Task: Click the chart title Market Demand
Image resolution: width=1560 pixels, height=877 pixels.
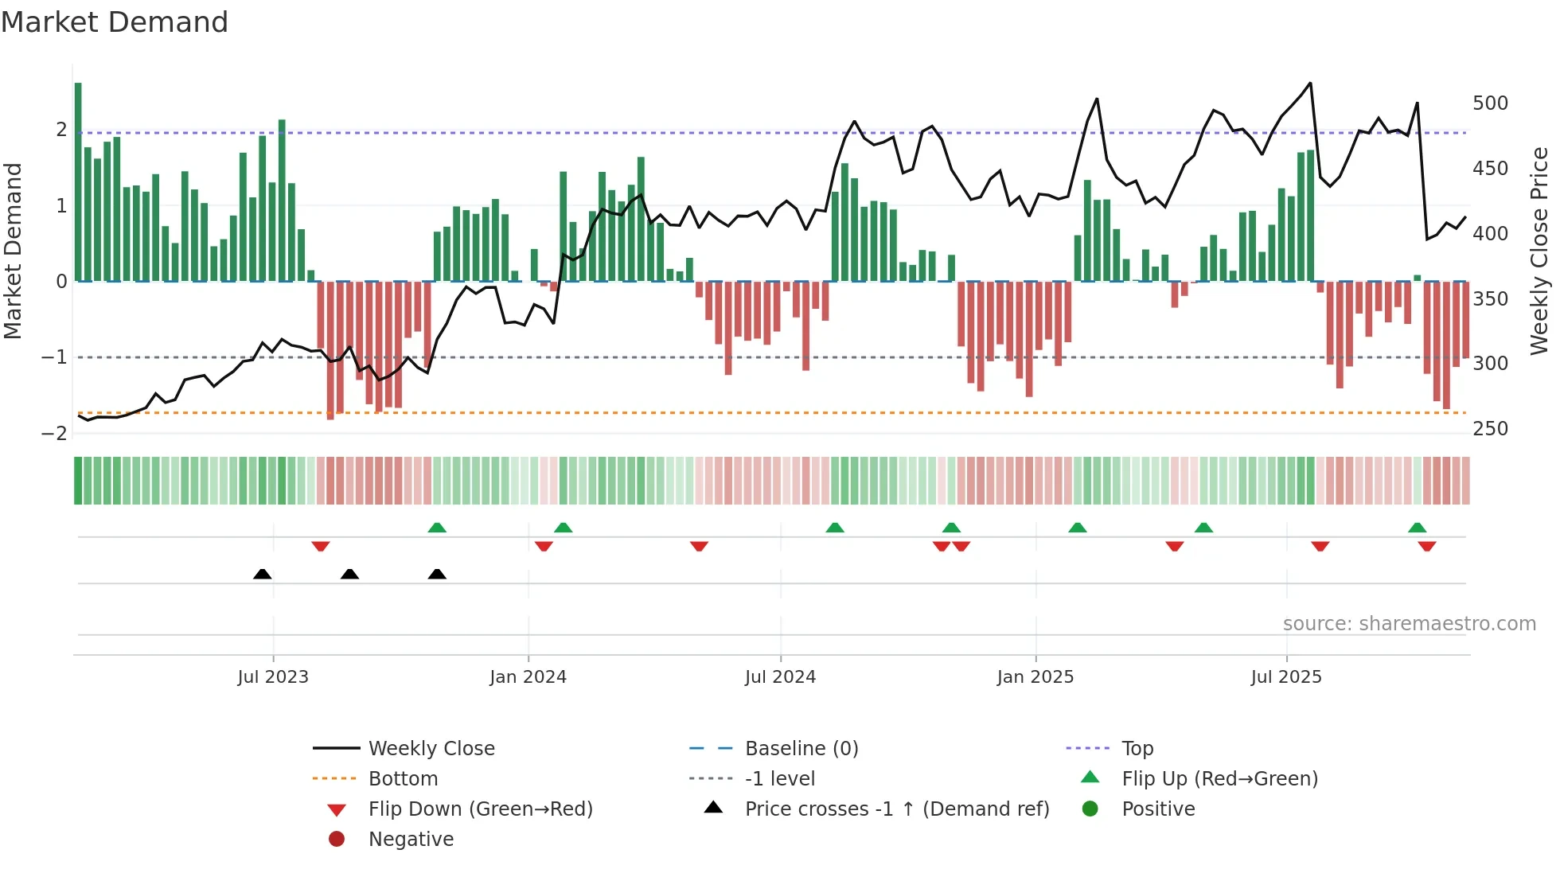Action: [x=115, y=22]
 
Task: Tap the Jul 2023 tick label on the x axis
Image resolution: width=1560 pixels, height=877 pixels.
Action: [x=272, y=677]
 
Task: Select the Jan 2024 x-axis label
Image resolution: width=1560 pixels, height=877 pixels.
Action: [x=528, y=677]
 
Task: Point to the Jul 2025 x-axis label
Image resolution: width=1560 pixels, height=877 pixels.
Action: [x=1285, y=677]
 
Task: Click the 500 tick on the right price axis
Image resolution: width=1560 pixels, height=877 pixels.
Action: [x=1490, y=103]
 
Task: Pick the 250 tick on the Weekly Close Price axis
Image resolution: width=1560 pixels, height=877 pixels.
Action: [x=1490, y=429]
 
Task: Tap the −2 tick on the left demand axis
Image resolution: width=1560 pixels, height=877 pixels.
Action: [x=54, y=434]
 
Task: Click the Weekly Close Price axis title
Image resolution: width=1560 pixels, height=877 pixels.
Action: [x=1539, y=251]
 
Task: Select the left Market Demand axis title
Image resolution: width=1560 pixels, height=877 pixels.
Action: [x=13, y=251]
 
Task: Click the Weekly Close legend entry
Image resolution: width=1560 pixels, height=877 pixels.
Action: [x=431, y=749]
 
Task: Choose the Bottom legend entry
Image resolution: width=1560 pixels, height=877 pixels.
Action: [x=403, y=779]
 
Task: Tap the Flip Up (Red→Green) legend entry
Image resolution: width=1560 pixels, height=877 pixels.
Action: [x=1219, y=779]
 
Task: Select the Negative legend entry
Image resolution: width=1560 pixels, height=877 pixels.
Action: [x=411, y=840]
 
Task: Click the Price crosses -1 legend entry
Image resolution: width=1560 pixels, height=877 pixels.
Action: [x=896, y=809]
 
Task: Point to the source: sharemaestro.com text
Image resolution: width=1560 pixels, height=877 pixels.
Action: [x=1409, y=624]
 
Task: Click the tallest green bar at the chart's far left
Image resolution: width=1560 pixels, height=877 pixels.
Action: [x=78, y=183]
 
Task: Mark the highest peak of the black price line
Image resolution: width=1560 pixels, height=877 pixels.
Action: [x=1310, y=84]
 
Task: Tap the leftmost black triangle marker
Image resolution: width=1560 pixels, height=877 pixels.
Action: [x=262, y=574]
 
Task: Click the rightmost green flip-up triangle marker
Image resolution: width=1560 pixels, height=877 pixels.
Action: [x=1417, y=528]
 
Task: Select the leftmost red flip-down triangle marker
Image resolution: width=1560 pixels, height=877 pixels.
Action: [x=321, y=546]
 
